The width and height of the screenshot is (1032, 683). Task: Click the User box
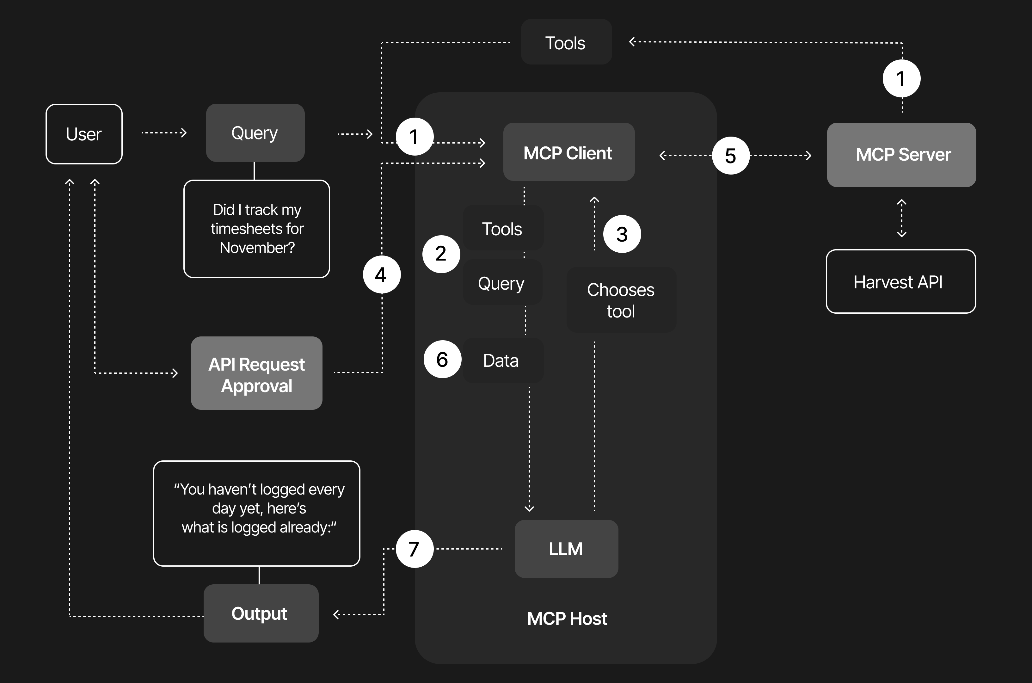84,134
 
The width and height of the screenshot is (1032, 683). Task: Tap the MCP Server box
901,155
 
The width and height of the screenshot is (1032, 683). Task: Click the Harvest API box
900,281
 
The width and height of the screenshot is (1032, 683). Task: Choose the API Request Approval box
256,373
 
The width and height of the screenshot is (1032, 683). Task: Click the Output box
261,613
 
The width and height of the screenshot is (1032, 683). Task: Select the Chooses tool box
621,300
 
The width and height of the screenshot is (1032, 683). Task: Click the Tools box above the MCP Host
566,42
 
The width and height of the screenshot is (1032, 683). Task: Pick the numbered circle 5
731,156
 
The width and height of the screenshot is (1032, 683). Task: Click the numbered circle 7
414,549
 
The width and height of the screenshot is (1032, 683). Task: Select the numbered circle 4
381,274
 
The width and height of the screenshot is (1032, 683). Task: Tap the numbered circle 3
622,234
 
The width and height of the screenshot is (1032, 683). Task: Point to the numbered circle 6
442,359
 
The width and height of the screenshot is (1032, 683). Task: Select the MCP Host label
567,618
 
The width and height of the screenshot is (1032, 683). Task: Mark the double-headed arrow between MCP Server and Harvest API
901,218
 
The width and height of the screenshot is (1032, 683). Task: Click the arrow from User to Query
164,132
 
